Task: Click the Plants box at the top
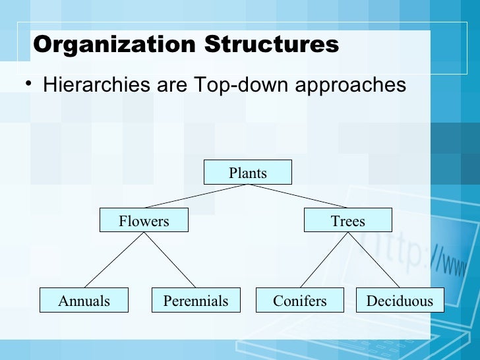click(x=247, y=173)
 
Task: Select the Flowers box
click(x=144, y=220)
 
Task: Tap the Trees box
click(x=347, y=220)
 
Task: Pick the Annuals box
click(x=84, y=301)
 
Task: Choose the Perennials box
click(x=196, y=301)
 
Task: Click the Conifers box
click(x=299, y=301)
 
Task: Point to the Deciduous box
click(x=400, y=301)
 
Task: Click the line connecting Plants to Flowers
click(x=196, y=196)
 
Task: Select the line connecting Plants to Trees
click(x=297, y=196)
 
